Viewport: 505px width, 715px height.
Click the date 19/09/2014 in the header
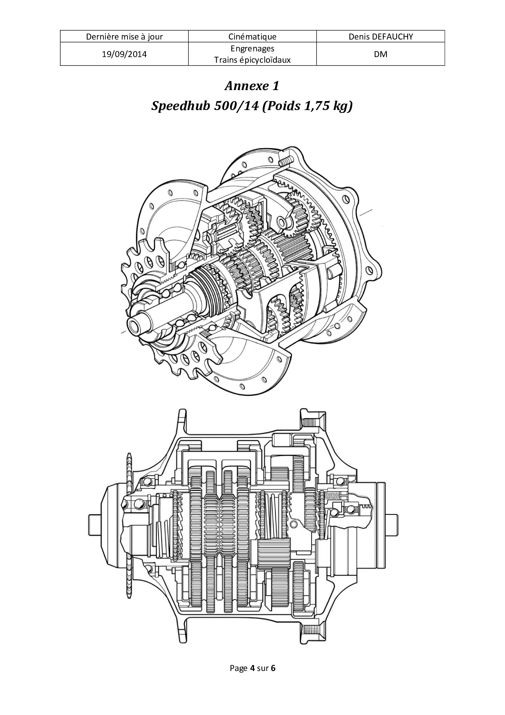click(x=124, y=54)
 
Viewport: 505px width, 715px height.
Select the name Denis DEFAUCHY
click(x=381, y=37)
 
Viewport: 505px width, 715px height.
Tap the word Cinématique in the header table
click(x=253, y=37)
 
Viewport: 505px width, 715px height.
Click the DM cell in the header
click(x=381, y=54)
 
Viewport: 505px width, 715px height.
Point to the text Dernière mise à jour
click(x=124, y=37)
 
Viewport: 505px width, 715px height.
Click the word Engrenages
click(x=253, y=49)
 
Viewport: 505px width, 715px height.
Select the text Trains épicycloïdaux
click(x=253, y=60)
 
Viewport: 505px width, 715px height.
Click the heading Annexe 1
click(x=252, y=86)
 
